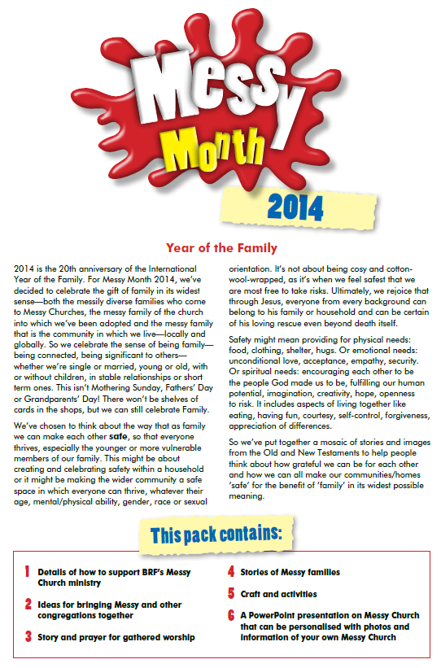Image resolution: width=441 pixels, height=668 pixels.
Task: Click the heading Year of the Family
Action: pyautogui.click(x=220, y=247)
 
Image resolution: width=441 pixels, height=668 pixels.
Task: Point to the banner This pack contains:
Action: pyautogui.click(x=216, y=534)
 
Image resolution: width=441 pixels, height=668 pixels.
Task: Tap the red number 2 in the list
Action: pyautogui.click(x=27, y=605)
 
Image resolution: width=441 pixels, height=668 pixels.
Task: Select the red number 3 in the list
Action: pyautogui.click(x=27, y=636)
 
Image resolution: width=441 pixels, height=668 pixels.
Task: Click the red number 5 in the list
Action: pyautogui.click(x=231, y=594)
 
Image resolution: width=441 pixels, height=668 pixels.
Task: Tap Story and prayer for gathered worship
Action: pyautogui.click(x=116, y=636)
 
